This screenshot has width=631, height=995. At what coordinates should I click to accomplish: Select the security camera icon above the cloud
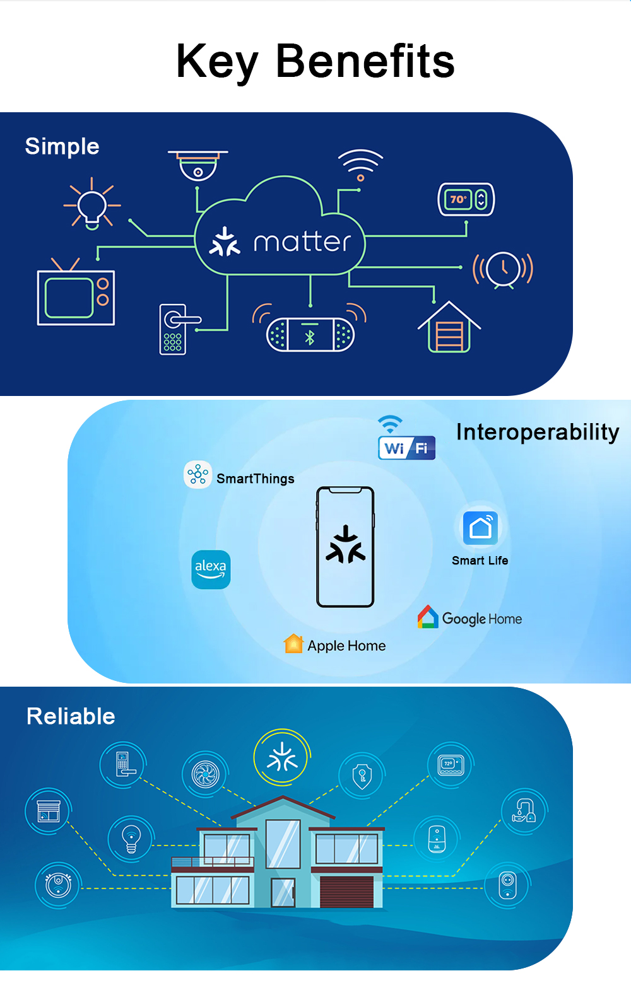(198, 165)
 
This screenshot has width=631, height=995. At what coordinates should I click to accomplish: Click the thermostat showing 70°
(466, 200)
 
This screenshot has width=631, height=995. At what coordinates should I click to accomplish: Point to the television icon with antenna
(76, 295)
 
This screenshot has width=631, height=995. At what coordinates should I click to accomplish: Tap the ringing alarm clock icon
(503, 270)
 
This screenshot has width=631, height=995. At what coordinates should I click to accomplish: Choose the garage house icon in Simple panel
(449, 328)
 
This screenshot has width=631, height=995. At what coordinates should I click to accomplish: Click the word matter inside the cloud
(302, 242)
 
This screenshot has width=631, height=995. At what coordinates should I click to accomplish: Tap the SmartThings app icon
(198, 474)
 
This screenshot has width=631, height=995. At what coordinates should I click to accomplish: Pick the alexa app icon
(211, 569)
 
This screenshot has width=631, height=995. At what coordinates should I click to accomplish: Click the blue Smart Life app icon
(480, 528)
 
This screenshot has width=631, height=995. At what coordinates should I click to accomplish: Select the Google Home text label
(482, 619)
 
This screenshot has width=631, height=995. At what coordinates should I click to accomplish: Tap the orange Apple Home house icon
(293, 644)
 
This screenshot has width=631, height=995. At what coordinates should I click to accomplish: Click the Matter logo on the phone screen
(345, 545)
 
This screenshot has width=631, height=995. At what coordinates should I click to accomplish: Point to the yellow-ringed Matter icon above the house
(281, 757)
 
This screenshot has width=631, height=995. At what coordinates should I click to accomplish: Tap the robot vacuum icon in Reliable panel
(58, 884)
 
